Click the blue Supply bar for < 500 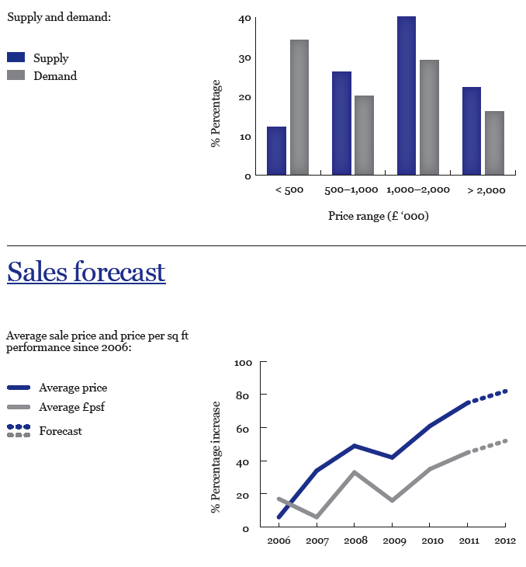[276, 151]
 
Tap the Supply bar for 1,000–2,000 [406, 96]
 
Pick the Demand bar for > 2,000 [494, 143]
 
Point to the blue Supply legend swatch [16, 57]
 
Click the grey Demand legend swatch [16, 75]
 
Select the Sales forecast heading [86, 272]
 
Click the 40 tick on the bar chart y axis [245, 19]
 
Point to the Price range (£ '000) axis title [379, 216]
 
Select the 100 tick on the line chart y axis [243, 363]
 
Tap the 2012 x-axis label [505, 541]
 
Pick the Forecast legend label [61, 431]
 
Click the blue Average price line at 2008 [354, 446]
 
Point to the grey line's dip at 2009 [392, 500]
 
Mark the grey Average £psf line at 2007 [316, 517]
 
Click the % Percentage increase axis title [216, 457]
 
